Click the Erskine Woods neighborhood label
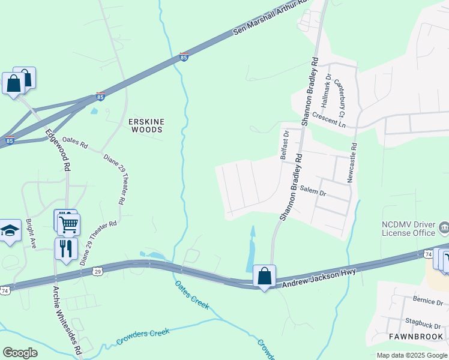pyautogui.click(x=146, y=125)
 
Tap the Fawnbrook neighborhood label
pyautogui.click(x=415, y=337)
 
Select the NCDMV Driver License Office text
pyautogui.click(x=408, y=228)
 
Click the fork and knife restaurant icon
pyautogui.click(x=66, y=248)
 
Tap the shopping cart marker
pyautogui.click(x=68, y=224)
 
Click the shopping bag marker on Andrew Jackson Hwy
pyautogui.click(x=264, y=277)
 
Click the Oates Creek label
pyautogui.click(x=192, y=295)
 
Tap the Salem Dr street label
pyautogui.click(x=313, y=193)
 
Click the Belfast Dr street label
pyautogui.click(x=286, y=146)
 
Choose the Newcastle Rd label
pyautogui.click(x=353, y=162)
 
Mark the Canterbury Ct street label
pyautogui.click(x=340, y=98)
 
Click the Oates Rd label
pyautogui.click(x=75, y=145)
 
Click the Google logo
pyautogui.click(x=20, y=353)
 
